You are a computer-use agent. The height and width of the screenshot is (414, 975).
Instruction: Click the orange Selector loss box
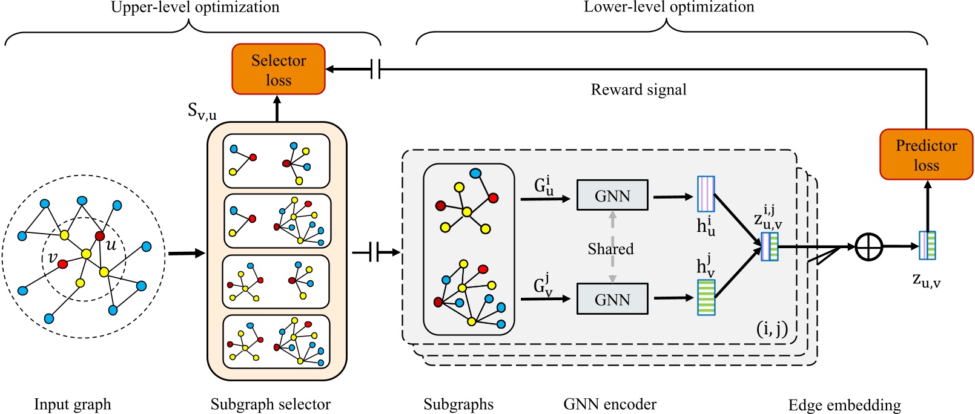[279, 69]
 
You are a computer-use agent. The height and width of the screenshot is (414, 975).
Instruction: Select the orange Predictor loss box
[926, 154]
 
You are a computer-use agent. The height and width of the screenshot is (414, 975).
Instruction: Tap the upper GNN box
[612, 195]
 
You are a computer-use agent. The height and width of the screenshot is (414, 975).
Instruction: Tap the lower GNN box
[612, 299]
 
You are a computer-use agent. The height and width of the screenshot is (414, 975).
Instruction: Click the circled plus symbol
[868, 246]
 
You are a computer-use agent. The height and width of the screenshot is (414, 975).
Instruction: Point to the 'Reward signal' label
[638, 90]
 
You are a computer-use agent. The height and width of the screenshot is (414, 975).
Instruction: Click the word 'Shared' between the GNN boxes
[610, 249]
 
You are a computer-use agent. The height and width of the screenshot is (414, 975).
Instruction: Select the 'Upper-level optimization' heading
[195, 7]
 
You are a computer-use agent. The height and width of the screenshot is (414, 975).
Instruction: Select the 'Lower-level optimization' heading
[669, 7]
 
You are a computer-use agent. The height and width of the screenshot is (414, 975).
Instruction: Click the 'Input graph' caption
[73, 404]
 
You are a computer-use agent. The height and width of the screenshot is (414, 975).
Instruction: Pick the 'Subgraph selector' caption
[271, 404]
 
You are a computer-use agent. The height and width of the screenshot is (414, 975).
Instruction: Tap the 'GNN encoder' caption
[610, 404]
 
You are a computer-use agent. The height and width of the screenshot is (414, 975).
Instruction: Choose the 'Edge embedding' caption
[844, 405]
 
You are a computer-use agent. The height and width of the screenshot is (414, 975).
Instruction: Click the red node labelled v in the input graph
[62, 264]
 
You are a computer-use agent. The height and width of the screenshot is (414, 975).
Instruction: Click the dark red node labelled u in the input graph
[100, 235]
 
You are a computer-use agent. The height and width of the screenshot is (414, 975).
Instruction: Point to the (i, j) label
[772, 329]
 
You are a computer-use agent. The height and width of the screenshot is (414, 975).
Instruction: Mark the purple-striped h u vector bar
[706, 194]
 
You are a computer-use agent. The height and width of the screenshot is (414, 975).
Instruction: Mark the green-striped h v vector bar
[706, 297]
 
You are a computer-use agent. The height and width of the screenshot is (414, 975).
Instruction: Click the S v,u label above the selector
[202, 111]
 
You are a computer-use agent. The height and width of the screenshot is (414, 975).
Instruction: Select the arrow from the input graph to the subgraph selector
[187, 253]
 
